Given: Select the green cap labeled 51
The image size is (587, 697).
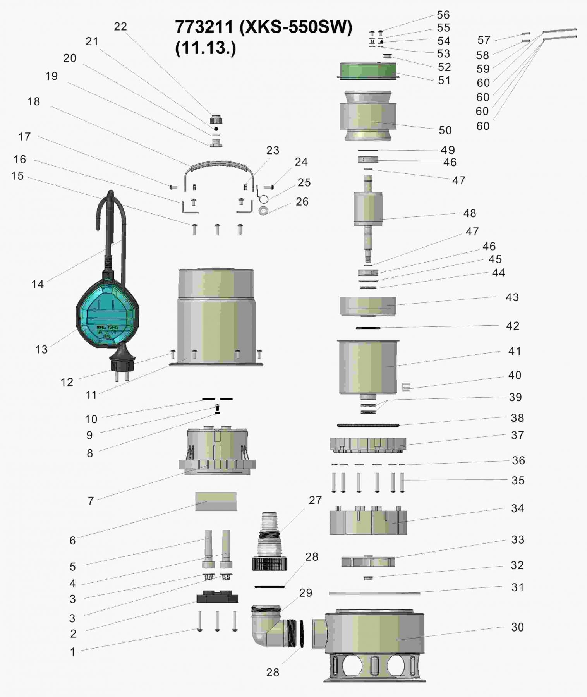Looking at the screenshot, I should coord(368,71).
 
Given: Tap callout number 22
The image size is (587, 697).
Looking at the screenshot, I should coord(120,27).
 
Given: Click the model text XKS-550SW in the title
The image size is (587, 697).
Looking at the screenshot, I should coord(296,27).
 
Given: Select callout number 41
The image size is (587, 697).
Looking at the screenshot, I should coord(515,351).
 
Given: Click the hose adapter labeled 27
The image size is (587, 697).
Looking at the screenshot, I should coord(269,542).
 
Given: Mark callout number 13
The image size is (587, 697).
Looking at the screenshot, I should coord(41,349).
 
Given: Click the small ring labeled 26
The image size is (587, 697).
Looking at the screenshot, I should coord(264,211).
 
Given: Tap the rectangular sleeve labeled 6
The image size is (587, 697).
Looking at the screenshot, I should coord(216,501).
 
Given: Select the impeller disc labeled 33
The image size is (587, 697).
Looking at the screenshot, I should coord(368,561).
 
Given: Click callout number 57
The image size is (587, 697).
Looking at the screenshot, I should coord(484,40).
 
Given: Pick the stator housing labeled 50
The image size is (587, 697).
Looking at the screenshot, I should coord(368,116).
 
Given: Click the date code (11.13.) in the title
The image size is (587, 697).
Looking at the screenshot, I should coord(206,48).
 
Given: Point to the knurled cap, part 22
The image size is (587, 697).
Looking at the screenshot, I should coord(216,119).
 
